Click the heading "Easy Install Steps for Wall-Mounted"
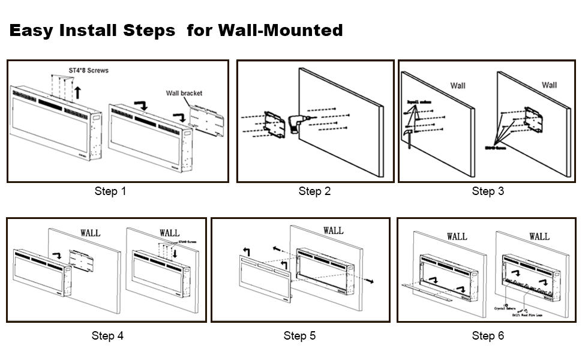[x=176, y=30]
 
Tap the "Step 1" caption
[x=110, y=191]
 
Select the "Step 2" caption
[x=314, y=191]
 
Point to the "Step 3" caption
[x=487, y=191]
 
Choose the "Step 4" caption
[x=107, y=335]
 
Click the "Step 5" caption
[x=299, y=335]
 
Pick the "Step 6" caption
[x=487, y=335]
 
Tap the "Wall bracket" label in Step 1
[x=184, y=93]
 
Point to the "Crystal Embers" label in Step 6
[x=503, y=308]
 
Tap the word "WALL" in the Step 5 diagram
[x=333, y=230]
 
